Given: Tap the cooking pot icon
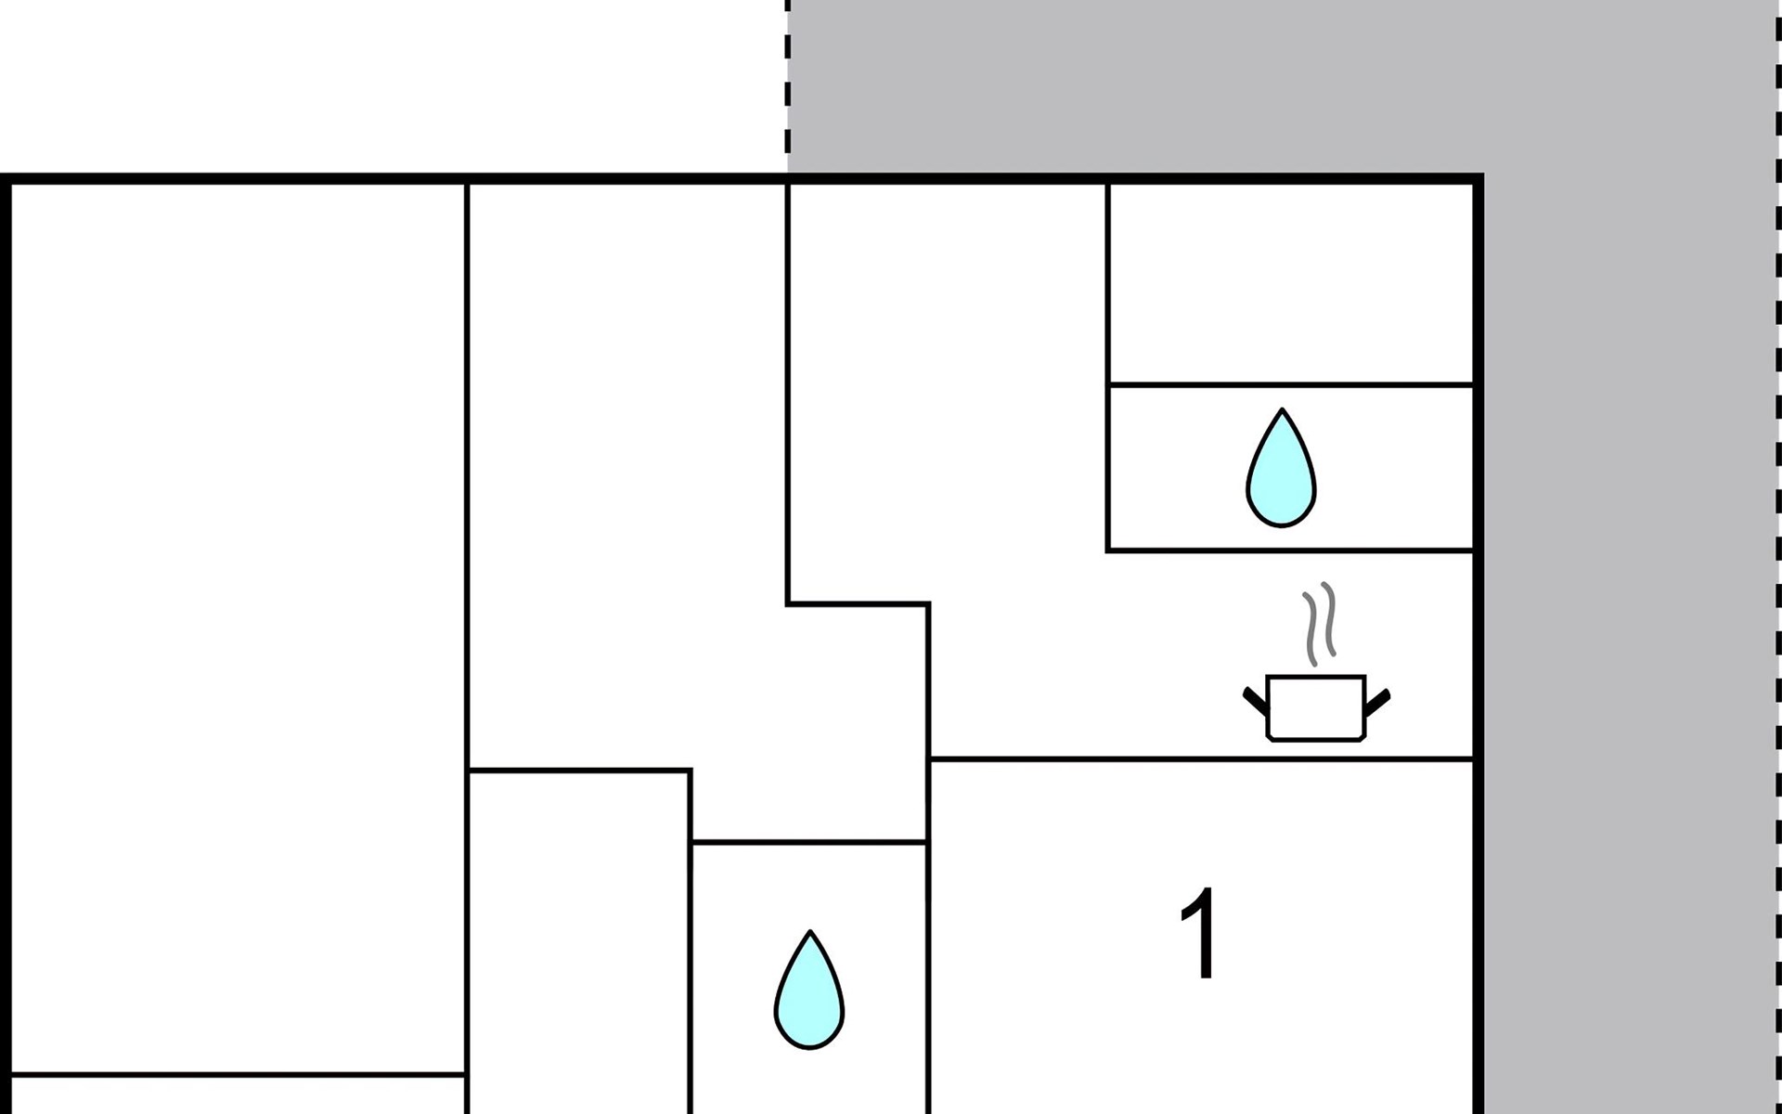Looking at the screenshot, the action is [x=1316, y=708].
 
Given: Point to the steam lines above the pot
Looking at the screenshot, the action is [x=1320, y=624].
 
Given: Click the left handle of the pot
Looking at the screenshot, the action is [x=1256, y=702].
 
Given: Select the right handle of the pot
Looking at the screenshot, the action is [x=1376, y=702].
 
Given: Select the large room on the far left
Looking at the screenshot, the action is [x=238, y=628].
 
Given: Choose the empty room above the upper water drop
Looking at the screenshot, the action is [x=1290, y=283].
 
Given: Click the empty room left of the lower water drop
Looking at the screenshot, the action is [x=579, y=942].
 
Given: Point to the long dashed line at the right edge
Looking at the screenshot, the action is [x=1777, y=557].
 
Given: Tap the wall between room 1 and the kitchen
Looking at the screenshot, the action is [x=1201, y=759].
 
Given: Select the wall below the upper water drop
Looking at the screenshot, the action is [x=1290, y=551].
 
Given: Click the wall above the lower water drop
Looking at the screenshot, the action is [x=809, y=842].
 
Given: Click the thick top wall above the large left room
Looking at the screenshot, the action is [x=238, y=178].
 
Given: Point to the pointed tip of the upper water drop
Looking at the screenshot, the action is [x=1282, y=409].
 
